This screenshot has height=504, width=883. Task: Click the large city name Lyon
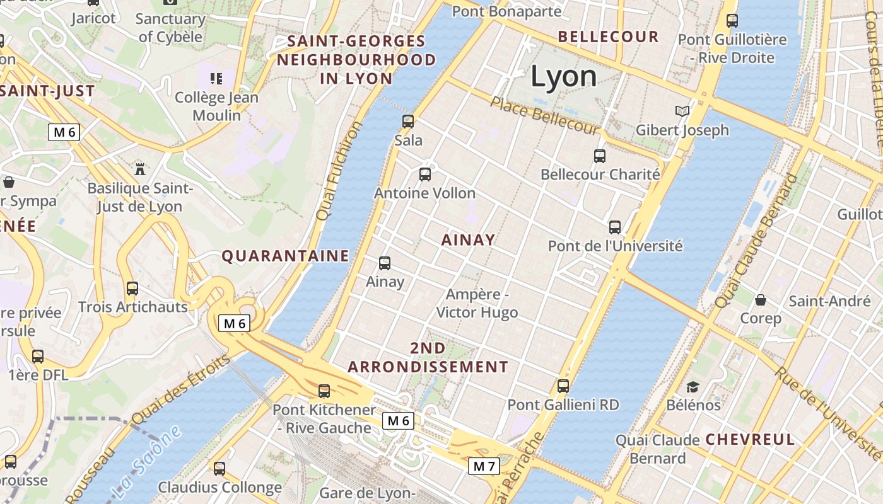point(563,76)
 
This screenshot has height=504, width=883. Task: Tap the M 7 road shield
point(484,466)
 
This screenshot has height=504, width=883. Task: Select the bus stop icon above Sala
point(408,122)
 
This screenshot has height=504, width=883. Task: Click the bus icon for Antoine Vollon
point(425,175)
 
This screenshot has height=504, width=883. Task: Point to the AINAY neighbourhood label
point(468,240)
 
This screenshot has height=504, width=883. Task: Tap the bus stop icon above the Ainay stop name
point(385,263)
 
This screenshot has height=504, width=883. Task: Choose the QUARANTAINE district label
point(285,256)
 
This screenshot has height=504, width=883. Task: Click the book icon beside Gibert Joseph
point(682,112)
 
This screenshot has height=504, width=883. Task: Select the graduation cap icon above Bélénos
point(693,387)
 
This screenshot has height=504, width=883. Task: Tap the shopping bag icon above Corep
point(761,300)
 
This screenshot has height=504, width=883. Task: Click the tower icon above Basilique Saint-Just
point(140,169)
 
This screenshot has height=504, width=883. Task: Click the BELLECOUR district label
point(608,37)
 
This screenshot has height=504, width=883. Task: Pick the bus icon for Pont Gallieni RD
point(563,386)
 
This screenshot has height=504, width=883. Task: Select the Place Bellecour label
point(543,115)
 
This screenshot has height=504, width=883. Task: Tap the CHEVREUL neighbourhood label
point(750,440)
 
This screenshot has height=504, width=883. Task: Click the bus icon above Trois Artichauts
point(132,289)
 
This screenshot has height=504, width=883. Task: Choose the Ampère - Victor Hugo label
point(477,303)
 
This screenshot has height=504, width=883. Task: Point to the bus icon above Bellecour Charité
point(600,156)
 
